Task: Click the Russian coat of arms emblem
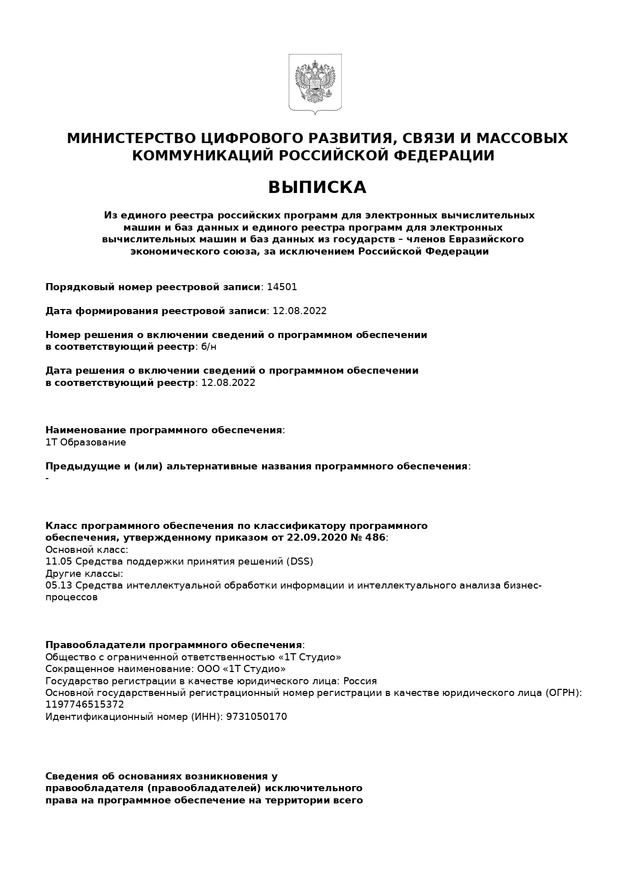[315, 83]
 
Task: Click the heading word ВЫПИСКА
[317, 187]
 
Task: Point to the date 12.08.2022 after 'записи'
[299, 311]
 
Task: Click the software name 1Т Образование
[86, 442]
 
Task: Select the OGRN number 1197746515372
[85, 705]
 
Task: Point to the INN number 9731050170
[257, 717]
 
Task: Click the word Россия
[360, 681]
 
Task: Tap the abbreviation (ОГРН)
[562, 693]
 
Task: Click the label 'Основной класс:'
[87, 550]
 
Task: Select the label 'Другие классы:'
[84, 574]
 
